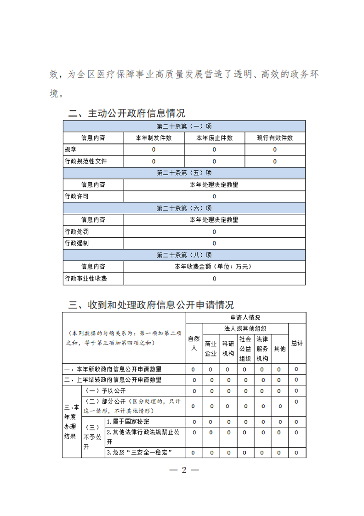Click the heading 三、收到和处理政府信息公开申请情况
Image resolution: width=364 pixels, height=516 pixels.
151,304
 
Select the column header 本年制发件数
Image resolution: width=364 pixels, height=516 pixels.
154,138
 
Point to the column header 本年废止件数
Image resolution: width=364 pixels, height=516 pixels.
214,138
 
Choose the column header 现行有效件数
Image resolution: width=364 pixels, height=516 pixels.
275,138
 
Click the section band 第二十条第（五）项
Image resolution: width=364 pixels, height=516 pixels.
184,173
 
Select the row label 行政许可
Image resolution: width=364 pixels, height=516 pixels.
77,196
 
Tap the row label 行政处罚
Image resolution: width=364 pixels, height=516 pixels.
77,231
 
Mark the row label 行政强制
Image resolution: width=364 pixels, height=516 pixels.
77,243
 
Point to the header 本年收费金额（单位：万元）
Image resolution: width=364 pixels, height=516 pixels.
214,266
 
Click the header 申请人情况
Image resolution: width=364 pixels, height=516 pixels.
245,317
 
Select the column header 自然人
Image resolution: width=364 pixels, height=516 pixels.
194,343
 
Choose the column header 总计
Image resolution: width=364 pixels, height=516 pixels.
297,343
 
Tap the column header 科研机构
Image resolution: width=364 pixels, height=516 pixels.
228,348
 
